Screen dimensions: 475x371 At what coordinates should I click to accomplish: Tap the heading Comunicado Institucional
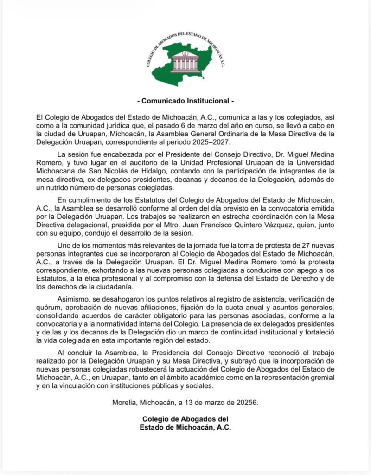(x=185, y=101)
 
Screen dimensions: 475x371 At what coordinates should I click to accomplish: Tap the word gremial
(x=320, y=377)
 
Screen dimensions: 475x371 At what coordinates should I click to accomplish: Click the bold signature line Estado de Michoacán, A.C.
(x=185, y=427)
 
